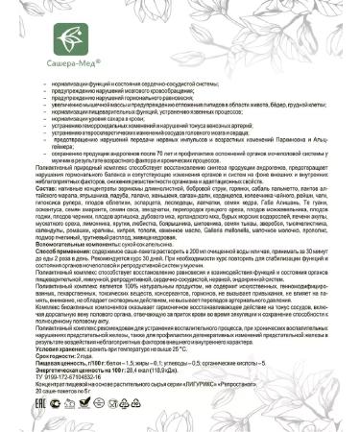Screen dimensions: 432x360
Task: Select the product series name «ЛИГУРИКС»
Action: pyautogui.click(x=198, y=399)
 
